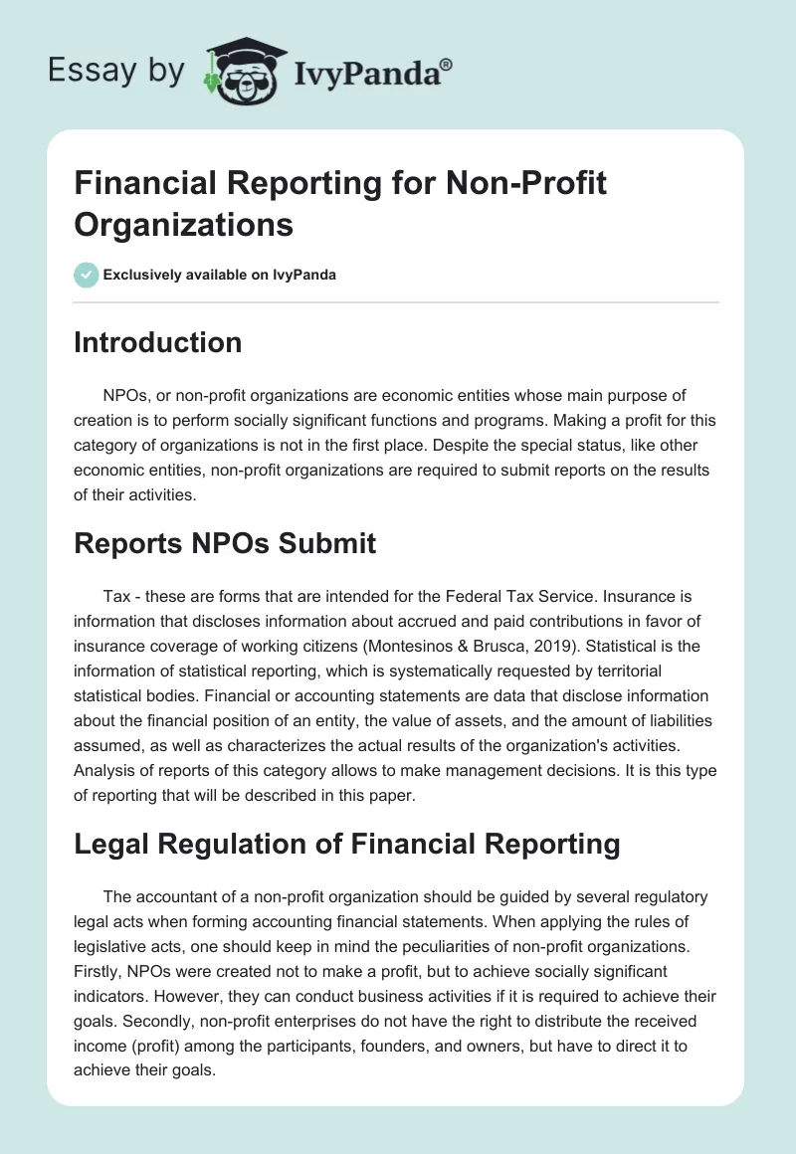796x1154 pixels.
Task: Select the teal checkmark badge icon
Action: [87, 275]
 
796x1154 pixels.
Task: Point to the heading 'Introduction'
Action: [157, 342]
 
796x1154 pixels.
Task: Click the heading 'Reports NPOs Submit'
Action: [225, 543]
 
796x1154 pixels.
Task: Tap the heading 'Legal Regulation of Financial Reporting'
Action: [346, 845]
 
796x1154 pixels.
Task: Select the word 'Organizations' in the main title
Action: [183, 225]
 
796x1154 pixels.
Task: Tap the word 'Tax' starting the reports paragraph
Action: [116, 595]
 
